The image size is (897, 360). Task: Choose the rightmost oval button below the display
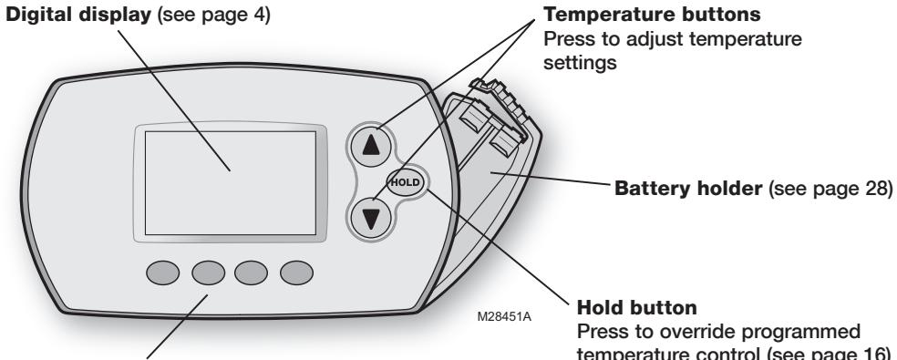coord(295,273)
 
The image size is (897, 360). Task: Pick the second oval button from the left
coord(208,273)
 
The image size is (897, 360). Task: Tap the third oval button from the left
coord(252,273)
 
